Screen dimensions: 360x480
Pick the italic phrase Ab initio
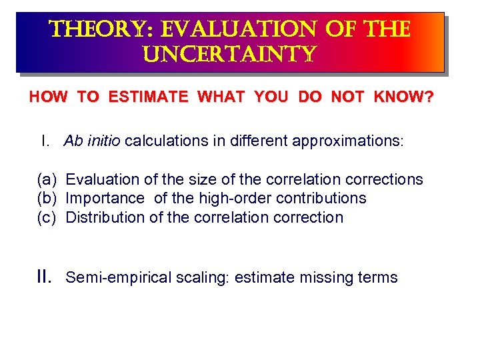pos(93,141)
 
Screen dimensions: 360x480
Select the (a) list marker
pos(47,179)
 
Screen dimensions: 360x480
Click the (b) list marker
pos(47,198)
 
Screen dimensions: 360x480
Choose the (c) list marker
pos(47,217)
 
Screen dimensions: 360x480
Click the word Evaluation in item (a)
pos(99,179)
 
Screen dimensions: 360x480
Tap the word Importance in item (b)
pos(105,198)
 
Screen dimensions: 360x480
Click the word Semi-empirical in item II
pos(110,277)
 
